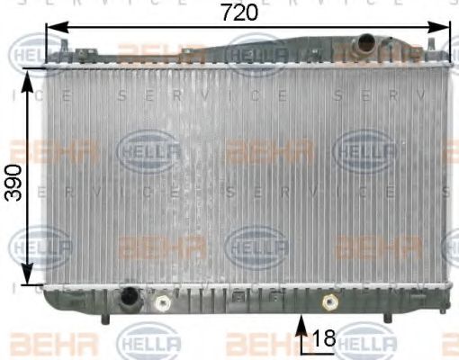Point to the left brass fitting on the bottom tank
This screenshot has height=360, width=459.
click(x=163, y=303)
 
